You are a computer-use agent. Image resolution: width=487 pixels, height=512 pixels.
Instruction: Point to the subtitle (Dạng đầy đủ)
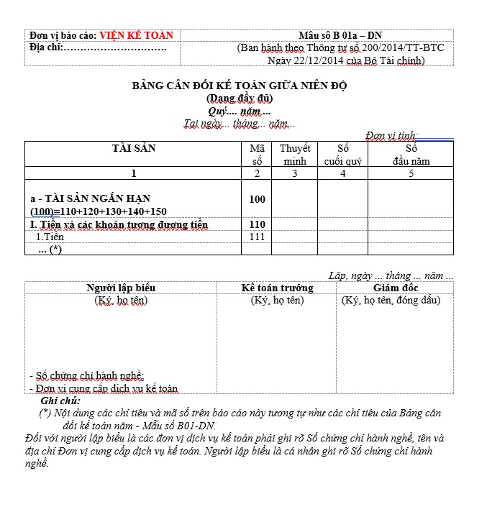[x=240, y=99]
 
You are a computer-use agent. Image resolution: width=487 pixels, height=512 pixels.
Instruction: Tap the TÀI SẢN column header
[x=134, y=148]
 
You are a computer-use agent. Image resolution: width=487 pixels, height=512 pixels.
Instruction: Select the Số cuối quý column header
[x=342, y=155]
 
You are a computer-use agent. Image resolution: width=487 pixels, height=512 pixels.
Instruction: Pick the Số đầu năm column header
[x=411, y=155]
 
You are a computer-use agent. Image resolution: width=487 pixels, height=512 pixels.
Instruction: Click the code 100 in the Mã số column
[x=257, y=199]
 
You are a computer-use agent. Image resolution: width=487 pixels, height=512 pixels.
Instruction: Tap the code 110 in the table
[x=257, y=224]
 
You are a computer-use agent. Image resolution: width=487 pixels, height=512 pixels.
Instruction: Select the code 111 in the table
[x=257, y=237]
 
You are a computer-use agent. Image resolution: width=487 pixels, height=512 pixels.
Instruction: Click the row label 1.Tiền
[x=50, y=237]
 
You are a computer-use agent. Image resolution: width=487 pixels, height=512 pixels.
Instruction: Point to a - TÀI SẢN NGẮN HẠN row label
[x=91, y=198]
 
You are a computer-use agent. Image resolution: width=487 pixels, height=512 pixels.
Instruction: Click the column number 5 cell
[x=411, y=173]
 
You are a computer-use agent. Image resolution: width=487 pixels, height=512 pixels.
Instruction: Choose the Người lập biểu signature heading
[x=121, y=288]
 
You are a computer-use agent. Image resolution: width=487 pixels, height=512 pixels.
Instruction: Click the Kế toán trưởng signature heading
[x=277, y=288]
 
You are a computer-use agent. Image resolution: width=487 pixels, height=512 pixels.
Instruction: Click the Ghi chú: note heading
[x=61, y=401]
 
